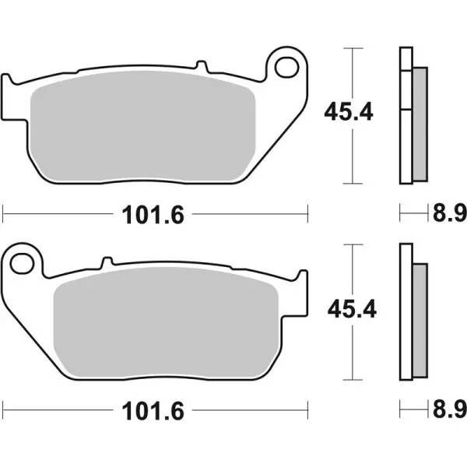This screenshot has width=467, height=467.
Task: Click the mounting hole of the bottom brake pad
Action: click(x=26, y=262)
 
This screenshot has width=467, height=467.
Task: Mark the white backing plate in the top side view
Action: click(x=405, y=117)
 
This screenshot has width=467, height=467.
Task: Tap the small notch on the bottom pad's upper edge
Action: click(x=107, y=262)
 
